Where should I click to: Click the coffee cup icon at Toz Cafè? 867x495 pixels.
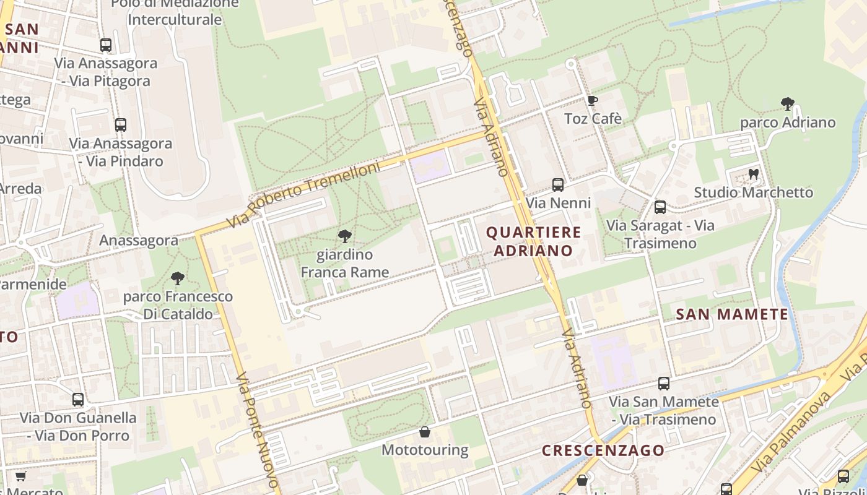[x=592, y=100]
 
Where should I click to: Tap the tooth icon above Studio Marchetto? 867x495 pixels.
[x=753, y=174]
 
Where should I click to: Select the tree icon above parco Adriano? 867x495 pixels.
[x=788, y=103]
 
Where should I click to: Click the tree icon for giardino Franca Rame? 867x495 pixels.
[x=345, y=236]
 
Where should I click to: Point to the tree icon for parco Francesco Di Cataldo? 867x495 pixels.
[x=178, y=278]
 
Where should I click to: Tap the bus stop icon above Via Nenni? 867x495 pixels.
[x=558, y=184]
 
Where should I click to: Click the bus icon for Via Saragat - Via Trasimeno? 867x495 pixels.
[x=660, y=207]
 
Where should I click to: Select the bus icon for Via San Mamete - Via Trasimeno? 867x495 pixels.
[x=664, y=383]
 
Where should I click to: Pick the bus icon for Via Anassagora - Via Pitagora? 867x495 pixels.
[x=106, y=45]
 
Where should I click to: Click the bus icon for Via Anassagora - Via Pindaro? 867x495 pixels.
[x=121, y=124]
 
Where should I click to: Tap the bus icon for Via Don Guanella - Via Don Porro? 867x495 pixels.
[x=78, y=399]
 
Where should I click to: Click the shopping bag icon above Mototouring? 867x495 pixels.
[x=425, y=431]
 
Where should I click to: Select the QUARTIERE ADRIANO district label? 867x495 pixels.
[x=534, y=241]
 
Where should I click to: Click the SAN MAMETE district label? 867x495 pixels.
[x=732, y=314]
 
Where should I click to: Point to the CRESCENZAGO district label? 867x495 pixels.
[x=603, y=450]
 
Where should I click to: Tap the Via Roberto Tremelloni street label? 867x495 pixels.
[x=303, y=194]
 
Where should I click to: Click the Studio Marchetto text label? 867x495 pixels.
[x=753, y=192]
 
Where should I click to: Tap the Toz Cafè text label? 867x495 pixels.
[x=593, y=118]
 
